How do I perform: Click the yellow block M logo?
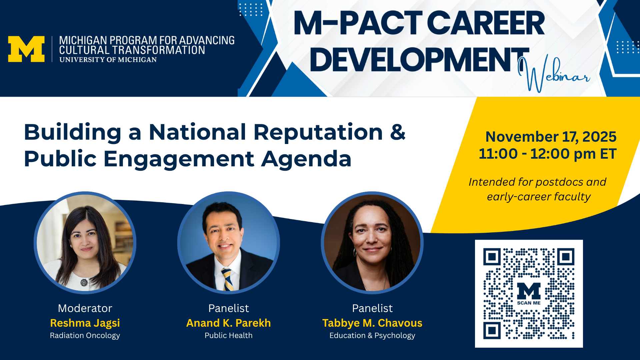[26, 49]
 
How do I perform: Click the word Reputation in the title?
[318, 132]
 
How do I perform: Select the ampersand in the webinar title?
[398, 132]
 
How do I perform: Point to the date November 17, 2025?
[551, 137]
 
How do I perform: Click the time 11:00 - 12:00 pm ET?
[548, 154]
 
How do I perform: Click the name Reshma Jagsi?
[85, 323]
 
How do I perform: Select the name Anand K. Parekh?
[229, 323]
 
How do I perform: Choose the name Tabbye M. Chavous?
[372, 323]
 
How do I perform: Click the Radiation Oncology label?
[85, 336]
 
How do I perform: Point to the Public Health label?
[229, 335]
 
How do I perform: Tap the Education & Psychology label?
[372, 336]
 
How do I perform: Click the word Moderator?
[85, 308]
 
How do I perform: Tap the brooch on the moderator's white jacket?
[84, 283]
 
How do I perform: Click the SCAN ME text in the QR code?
[529, 303]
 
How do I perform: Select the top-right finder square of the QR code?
[566, 257]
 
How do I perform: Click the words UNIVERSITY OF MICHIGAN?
[108, 60]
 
